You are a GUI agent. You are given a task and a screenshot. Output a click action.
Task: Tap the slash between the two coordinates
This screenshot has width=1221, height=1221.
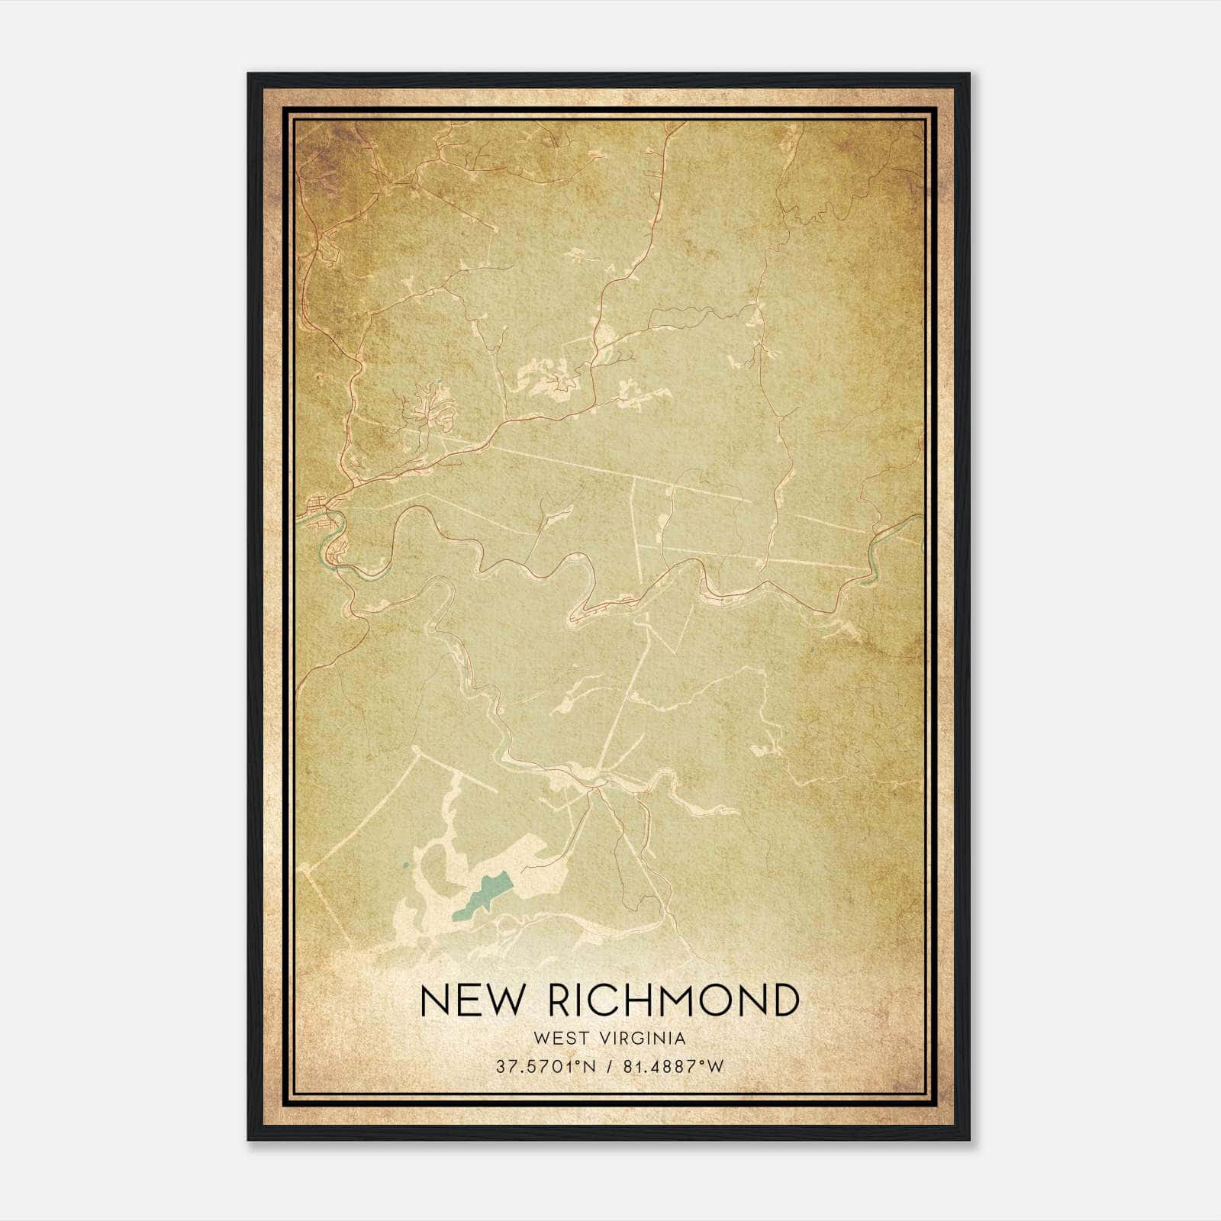607,1067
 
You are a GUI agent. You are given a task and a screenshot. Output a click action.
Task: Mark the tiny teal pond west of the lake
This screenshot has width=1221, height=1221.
405,865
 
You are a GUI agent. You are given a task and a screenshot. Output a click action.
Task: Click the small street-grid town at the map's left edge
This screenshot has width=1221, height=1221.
319,507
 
